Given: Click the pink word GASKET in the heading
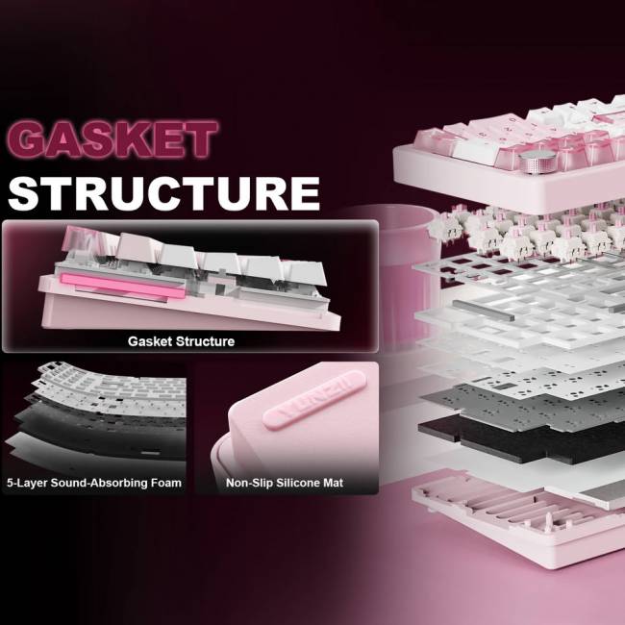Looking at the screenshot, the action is click(x=112, y=139).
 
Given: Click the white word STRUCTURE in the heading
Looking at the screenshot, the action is click(x=163, y=193).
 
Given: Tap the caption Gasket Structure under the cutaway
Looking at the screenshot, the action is click(x=181, y=341).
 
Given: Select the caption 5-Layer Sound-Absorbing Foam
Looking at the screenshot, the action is click(x=94, y=483).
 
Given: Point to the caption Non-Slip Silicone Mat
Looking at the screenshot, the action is click(x=285, y=483).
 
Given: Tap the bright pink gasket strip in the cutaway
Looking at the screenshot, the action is click(x=123, y=286).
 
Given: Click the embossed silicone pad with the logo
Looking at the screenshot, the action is click(x=314, y=400).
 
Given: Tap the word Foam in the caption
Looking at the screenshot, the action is click(x=165, y=483).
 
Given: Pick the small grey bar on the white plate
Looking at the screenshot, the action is click(x=483, y=311).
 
